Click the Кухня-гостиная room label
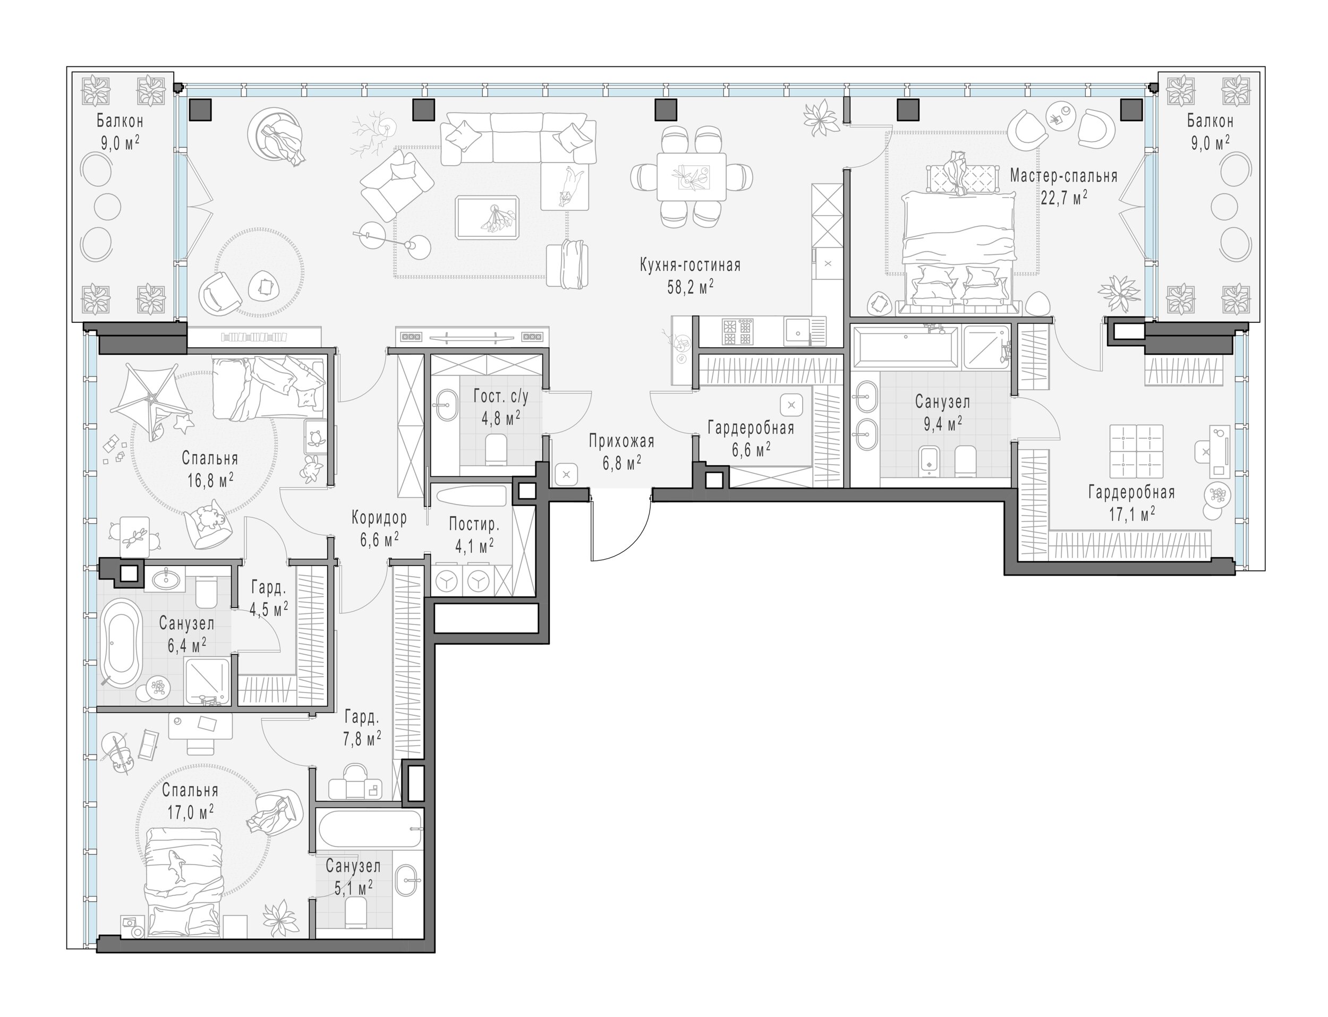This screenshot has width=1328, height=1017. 689,265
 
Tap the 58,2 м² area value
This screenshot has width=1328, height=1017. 689,287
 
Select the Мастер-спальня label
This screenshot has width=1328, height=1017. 1063,176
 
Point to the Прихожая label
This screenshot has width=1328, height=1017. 622,442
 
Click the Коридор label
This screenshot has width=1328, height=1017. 379,518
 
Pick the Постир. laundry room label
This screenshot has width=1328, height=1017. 474,524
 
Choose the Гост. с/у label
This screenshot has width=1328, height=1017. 501,397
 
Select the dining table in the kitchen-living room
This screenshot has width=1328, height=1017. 692,177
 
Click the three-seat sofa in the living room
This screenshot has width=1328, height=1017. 518,139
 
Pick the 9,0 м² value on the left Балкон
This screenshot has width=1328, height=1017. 120,143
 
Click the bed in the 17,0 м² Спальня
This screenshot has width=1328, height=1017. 185,882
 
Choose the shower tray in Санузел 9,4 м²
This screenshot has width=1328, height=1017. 986,347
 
